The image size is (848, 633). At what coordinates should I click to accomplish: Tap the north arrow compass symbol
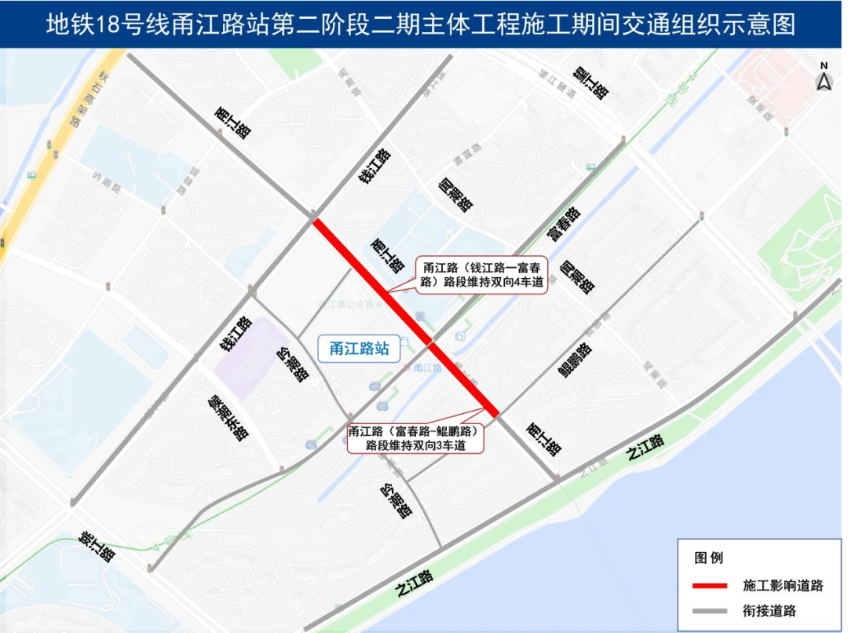point(824,81)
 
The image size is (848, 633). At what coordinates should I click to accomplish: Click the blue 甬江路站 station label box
point(359,349)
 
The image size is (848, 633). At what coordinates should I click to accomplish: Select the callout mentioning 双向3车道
point(415,438)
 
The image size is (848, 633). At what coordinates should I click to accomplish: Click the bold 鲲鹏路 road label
point(577,360)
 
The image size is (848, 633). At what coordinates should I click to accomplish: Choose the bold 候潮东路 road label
point(228,417)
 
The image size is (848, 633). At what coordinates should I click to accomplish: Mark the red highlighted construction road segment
point(404,316)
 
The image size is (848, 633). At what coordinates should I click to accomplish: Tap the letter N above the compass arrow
point(824,66)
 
